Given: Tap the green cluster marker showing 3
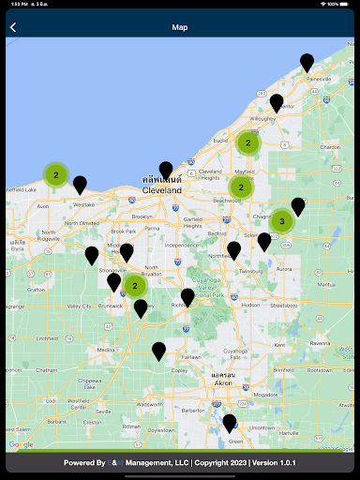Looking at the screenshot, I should [282, 221].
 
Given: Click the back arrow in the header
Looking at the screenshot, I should [13, 27].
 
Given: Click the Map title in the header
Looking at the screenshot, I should [180, 27].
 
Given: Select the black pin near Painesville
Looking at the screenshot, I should [307, 63].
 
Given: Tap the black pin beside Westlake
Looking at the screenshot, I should [80, 185].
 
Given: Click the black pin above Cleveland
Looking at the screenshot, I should [166, 171].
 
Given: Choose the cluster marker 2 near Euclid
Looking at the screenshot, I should [247, 142].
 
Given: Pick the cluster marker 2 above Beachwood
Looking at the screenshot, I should [241, 187].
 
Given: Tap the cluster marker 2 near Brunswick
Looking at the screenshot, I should [135, 285].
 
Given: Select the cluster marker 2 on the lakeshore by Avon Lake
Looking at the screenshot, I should [55, 174].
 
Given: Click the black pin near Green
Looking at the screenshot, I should [230, 423].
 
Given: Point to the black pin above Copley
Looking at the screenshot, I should [159, 352].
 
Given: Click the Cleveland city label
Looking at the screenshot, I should [161, 189].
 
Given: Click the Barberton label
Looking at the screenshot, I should [193, 410].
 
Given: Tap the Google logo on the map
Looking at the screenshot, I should [21, 444].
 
